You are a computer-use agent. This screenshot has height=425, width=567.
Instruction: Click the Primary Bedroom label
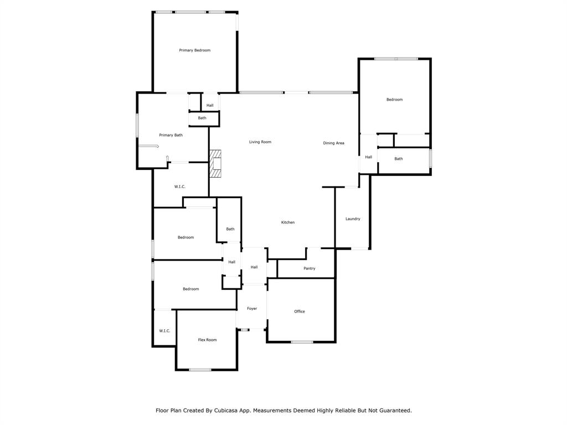click(x=194, y=50)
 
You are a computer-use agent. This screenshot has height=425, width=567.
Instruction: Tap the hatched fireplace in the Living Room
click(x=215, y=164)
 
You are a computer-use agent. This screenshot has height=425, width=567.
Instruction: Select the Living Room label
click(x=260, y=142)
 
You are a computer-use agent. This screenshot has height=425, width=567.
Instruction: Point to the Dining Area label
click(x=333, y=143)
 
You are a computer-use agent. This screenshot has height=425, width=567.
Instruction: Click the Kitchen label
click(x=288, y=222)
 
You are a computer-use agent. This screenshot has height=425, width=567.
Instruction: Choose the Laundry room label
click(x=353, y=219)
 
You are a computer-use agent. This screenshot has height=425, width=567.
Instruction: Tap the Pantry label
click(x=309, y=268)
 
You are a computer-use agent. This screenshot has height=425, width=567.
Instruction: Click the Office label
click(x=300, y=311)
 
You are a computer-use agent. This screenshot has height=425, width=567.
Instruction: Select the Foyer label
click(x=252, y=309)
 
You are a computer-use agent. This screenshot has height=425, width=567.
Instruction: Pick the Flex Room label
click(x=207, y=340)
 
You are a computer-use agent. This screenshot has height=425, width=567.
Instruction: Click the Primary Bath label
click(x=171, y=135)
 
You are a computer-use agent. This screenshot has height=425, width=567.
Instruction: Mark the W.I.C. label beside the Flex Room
click(x=164, y=331)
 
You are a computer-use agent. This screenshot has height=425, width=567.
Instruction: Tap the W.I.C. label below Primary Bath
click(x=180, y=187)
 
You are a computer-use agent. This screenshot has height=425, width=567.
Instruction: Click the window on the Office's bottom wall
click(x=302, y=341)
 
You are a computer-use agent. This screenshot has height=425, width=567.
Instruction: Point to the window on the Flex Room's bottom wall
click(x=200, y=369)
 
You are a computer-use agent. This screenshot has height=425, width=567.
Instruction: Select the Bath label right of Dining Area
click(x=399, y=159)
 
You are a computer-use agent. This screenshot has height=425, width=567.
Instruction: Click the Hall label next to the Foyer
click(x=254, y=267)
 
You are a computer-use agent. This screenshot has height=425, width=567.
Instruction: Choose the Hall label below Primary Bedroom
click(x=210, y=106)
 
